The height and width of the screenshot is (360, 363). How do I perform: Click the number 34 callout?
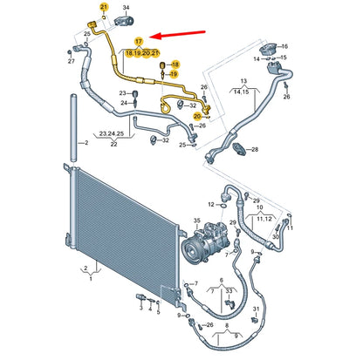point(126,7)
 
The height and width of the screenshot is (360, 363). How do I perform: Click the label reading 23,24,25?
point(109,132)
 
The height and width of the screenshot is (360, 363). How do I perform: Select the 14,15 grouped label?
point(239,91)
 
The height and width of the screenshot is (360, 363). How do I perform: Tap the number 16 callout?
point(257,58)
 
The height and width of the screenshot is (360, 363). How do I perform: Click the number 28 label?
point(255,150)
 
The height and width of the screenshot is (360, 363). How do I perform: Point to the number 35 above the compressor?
point(197,222)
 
